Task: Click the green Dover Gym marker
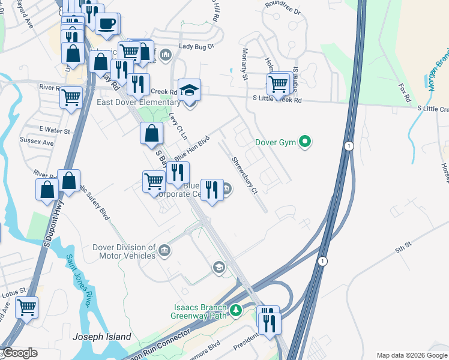[x=306, y=142]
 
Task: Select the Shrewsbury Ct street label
[x=244, y=175]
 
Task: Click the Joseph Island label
[x=102, y=337]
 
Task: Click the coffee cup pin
[x=107, y=24]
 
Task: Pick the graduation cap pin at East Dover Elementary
[x=190, y=91]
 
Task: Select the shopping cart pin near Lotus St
[x=26, y=308]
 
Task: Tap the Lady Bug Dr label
[x=196, y=46]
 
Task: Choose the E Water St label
[x=55, y=130]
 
